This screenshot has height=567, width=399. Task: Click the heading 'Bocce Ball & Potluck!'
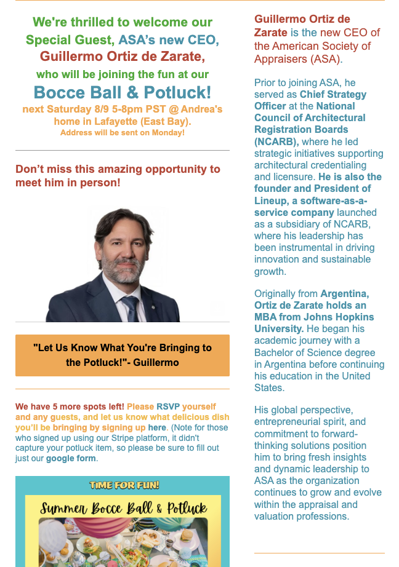[122, 93]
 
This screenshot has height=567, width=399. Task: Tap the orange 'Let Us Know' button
[122, 355]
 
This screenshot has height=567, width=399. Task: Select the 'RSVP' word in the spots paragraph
[167, 406]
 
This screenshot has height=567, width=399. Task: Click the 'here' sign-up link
[157, 427]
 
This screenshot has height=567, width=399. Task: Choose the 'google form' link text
[71, 458]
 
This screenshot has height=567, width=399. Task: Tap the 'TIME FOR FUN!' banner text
[124, 485]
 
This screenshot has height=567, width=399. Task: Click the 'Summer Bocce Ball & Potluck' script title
[123, 509]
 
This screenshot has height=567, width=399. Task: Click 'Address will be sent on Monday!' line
[122, 132]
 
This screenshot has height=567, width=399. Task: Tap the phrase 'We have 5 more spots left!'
[70, 406]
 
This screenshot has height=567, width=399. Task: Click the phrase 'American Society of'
[321, 46]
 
